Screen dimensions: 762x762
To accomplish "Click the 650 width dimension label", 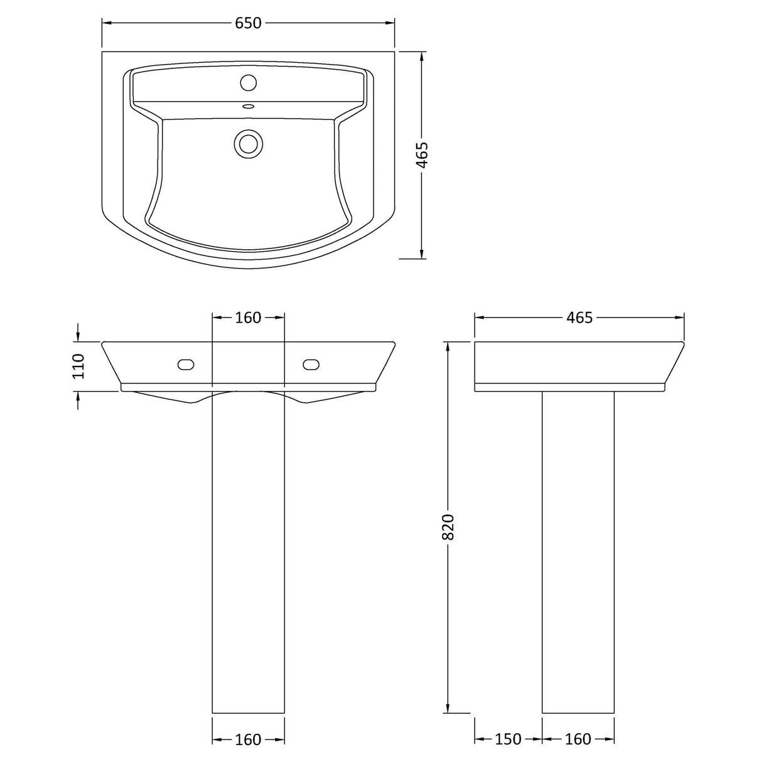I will [248, 23].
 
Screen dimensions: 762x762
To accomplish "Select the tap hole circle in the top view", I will [249, 82].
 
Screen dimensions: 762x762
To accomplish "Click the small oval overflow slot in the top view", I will [248, 106].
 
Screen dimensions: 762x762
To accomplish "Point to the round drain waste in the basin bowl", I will [249, 142].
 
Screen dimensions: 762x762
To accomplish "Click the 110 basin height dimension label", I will [78, 366].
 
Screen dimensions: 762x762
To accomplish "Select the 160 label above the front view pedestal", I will [248, 318].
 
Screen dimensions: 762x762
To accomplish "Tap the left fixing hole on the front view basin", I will [186, 364].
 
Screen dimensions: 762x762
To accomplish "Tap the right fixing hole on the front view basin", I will [311, 364].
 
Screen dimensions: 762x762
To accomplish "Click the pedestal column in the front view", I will [249, 534].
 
